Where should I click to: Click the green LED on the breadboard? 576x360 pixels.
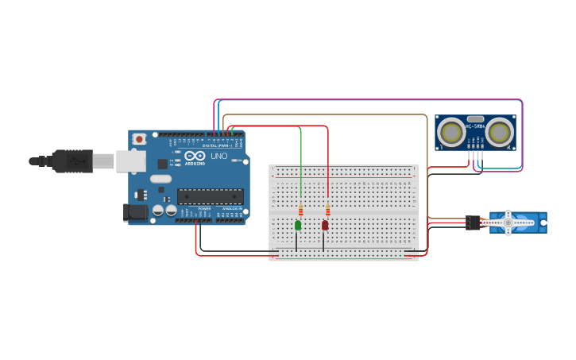[298, 226]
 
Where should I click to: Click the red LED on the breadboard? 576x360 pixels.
[325, 226]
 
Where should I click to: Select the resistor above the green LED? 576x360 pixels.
[300, 211]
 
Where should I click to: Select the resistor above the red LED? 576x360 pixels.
[327, 211]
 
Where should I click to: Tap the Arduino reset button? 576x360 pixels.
[140, 139]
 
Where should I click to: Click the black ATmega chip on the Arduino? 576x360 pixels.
[210, 196]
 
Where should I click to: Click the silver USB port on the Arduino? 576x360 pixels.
[130, 161]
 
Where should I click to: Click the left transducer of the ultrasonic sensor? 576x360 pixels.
[451, 133]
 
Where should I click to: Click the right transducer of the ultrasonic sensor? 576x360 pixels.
[500, 133]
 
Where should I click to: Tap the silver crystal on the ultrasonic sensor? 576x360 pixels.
[475, 118]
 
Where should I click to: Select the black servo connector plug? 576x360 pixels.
[473, 223]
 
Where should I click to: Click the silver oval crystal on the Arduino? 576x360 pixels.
[160, 179]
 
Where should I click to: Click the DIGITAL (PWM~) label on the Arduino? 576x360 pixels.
[217, 145]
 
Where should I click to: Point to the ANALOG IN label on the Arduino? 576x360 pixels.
[232, 209]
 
